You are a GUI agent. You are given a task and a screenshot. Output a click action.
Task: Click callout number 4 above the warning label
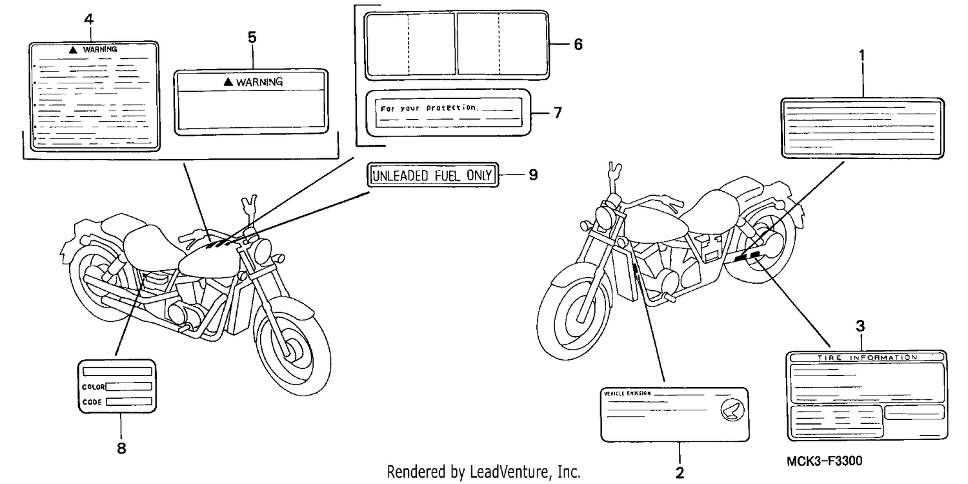pos(88,19)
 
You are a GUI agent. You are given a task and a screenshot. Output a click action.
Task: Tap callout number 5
pos(252,37)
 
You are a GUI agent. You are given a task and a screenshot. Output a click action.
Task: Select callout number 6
pos(578,44)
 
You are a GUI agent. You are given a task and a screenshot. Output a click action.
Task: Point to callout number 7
pos(558,113)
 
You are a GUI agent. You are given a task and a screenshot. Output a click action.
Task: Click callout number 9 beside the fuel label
pos(533,174)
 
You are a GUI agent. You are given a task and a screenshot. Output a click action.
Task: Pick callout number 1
pos(862,56)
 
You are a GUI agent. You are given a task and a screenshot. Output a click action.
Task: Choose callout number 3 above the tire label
pos(860,326)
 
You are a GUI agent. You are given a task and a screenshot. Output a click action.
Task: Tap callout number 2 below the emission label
pos(680,473)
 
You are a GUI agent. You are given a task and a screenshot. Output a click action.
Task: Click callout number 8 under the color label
pos(121,448)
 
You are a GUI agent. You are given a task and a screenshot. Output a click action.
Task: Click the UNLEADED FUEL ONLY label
pos(432,175)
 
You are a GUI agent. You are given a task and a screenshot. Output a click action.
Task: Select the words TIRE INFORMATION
pos(867,358)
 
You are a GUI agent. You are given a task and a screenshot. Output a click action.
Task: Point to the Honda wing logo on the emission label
pos(732,410)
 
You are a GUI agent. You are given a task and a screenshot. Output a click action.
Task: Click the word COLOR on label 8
pos(94,386)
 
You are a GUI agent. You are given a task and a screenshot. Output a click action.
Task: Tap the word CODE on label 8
pos(92,402)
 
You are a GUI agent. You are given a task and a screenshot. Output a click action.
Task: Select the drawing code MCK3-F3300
pos(824,461)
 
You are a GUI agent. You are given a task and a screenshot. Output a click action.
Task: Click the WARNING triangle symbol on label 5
pos(228,81)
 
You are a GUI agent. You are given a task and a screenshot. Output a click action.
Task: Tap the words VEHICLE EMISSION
pos(627,394)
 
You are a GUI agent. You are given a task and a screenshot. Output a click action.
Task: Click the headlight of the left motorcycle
pos(262,251)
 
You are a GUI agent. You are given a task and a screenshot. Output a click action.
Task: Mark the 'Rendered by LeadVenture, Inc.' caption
pos(483,472)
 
